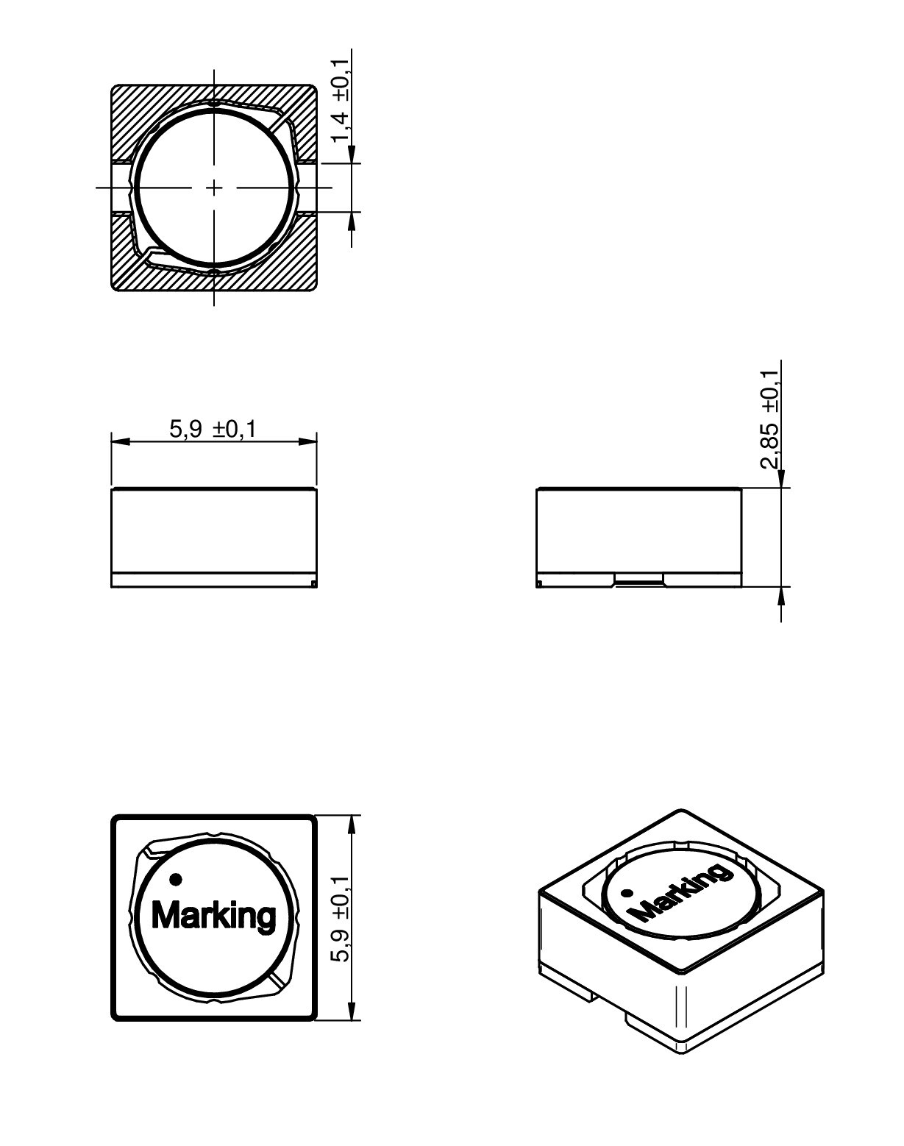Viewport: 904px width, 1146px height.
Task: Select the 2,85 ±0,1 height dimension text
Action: (770, 419)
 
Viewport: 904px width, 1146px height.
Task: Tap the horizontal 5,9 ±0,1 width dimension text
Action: (213, 429)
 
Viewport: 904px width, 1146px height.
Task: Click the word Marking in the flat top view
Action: (213, 917)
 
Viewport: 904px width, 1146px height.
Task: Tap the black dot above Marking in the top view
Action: (175, 878)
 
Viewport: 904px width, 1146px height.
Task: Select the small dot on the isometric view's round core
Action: (627, 894)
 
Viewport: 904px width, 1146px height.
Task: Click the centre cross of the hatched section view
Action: (214, 188)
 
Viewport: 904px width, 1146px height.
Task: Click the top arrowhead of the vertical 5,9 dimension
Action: (352, 825)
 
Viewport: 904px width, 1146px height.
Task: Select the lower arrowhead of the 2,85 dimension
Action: (780, 597)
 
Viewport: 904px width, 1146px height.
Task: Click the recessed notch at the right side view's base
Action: (639, 583)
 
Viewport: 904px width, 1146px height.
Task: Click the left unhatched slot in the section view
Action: (120, 188)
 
